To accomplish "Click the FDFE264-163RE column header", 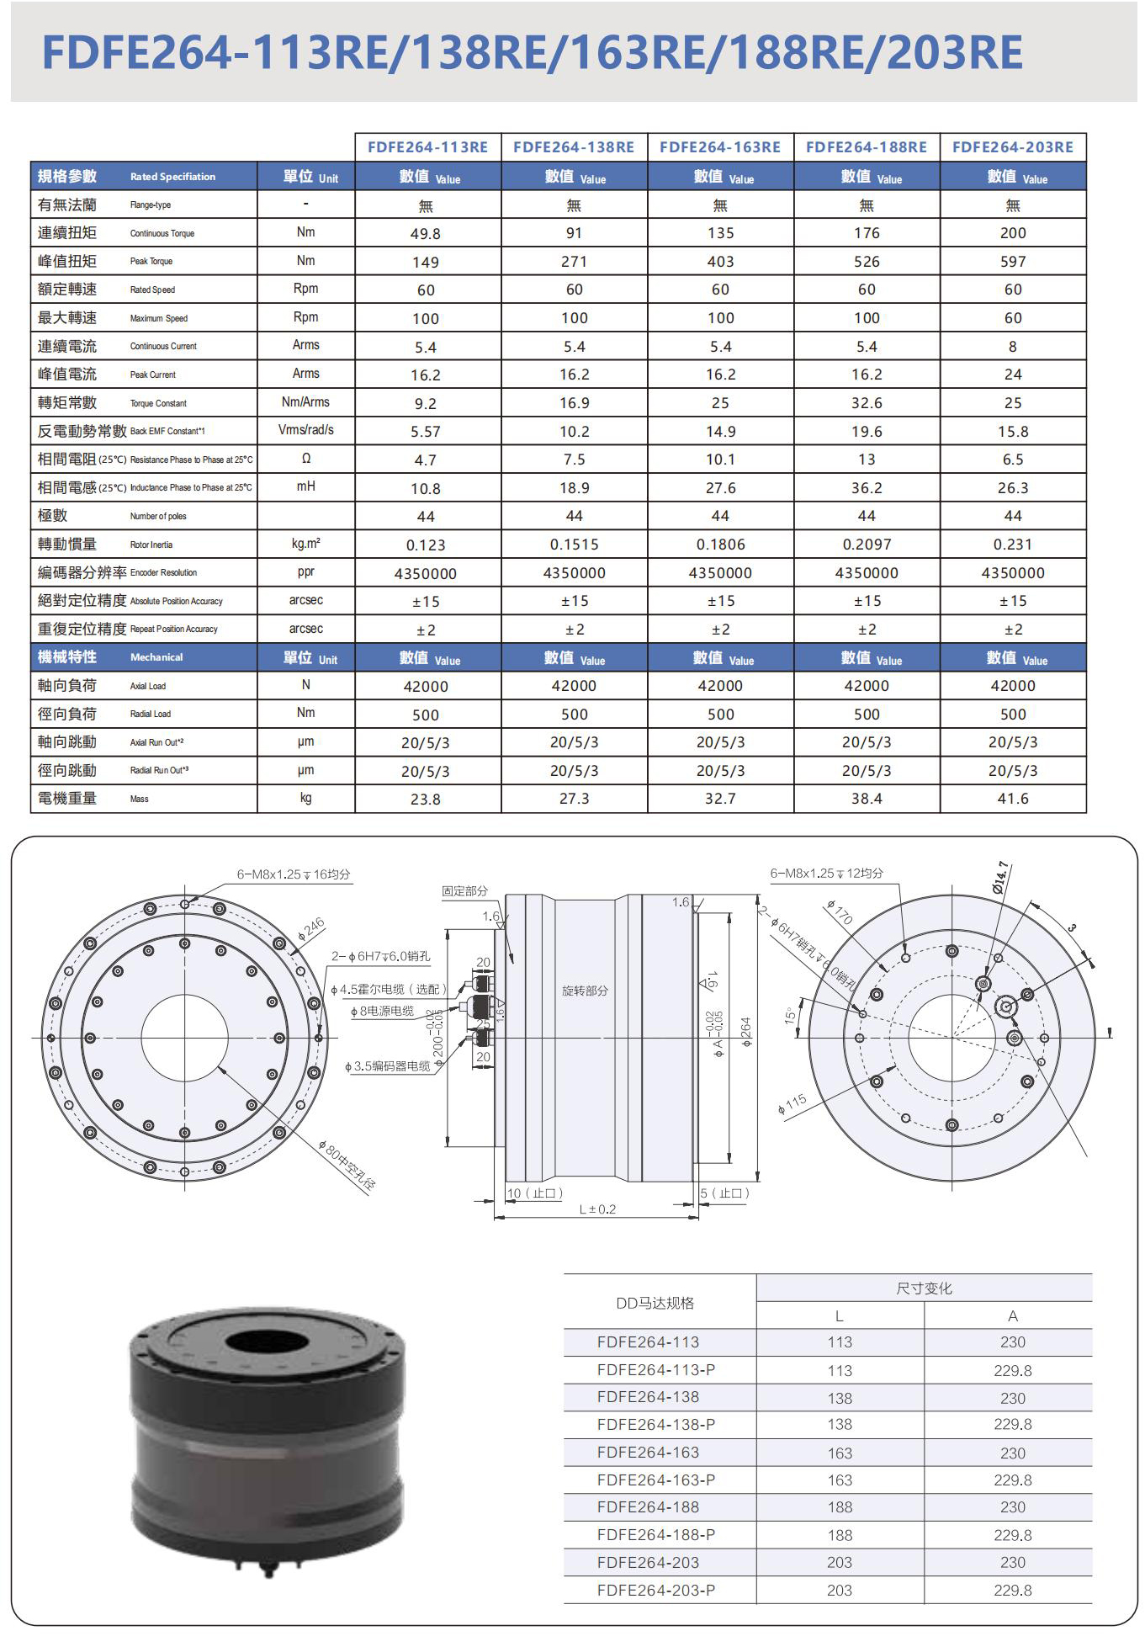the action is (720, 147).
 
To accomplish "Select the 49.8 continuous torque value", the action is (426, 234).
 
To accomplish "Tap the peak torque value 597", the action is (1013, 262).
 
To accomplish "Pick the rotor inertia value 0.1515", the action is (574, 545).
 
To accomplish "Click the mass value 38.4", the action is (867, 799).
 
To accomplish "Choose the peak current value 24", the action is (1013, 375).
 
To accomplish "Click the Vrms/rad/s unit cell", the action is (306, 430).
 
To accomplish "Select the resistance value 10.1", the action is (720, 460).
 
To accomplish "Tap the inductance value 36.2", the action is (867, 488).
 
